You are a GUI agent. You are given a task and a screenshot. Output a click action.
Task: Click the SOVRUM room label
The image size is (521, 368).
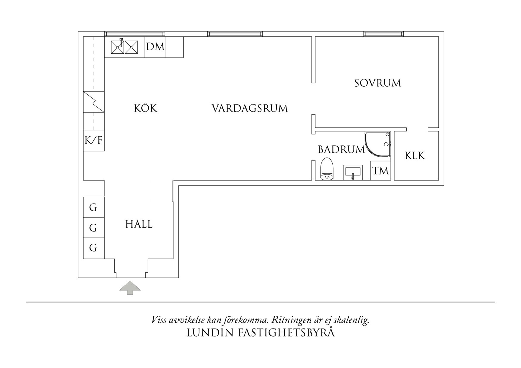tap(378, 83)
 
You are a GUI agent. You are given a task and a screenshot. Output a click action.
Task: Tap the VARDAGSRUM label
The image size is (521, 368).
tap(250, 108)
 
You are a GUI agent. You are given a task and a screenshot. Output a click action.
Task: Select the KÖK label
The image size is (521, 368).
tap(145, 108)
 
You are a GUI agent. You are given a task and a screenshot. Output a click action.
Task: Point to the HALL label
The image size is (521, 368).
tap(139, 224)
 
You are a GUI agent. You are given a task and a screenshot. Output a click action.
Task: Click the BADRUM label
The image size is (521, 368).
tap(341, 149)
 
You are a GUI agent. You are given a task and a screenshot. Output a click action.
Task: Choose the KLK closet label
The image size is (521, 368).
tap(415, 156)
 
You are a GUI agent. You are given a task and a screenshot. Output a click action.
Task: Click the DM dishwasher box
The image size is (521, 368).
tap(155, 47)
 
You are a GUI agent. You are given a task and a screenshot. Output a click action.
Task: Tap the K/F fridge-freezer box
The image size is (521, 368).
tap(94, 140)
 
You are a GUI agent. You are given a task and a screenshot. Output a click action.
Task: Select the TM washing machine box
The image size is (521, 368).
tap(380, 171)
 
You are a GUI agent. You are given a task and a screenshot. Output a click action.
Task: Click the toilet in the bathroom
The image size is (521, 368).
tap(327, 169)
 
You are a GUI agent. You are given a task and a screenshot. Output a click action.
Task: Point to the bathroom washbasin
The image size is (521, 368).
tap(353, 172)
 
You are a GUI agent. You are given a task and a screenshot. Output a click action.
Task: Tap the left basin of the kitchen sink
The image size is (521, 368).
tap(117, 47)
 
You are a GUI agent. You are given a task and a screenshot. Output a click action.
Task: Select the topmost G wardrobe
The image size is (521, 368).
tap(94, 207)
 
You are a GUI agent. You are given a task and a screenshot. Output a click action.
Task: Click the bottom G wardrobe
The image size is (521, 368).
tap(94, 248)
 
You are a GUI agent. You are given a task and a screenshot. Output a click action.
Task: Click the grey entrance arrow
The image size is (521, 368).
tap(130, 288)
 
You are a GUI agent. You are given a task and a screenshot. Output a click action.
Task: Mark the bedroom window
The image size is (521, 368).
tap(383, 34)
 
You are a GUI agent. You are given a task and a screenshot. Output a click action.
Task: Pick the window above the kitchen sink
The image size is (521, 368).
tap(135, 34)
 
